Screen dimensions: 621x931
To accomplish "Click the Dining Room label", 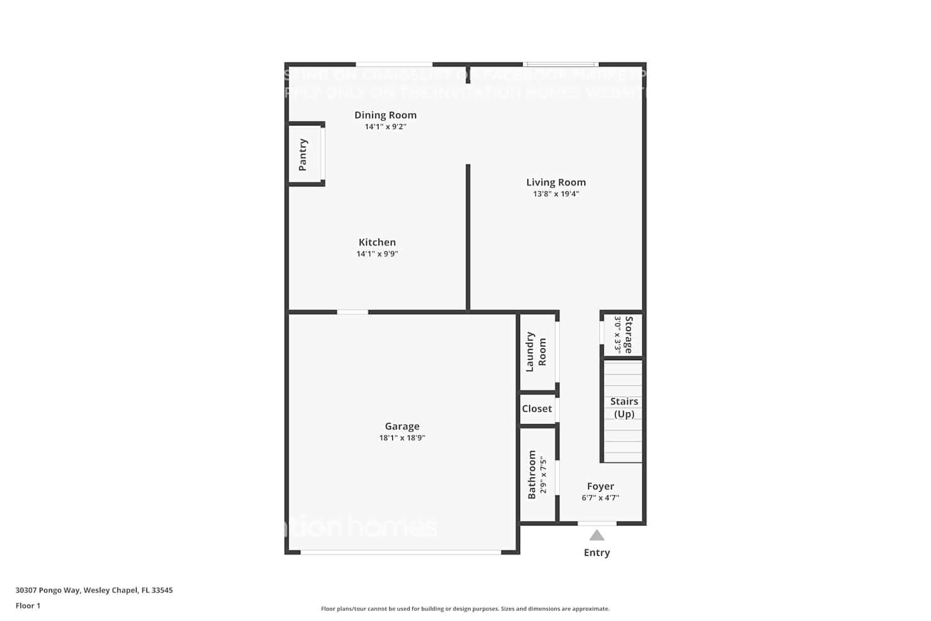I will (385, 115).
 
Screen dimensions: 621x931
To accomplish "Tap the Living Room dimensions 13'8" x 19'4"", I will (555, 194).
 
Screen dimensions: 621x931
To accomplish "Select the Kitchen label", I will (377, 242).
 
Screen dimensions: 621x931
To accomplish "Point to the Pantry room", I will (304, 154).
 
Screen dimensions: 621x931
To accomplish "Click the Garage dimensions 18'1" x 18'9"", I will (402, 438).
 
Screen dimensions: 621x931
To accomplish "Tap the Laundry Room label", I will (536, 352).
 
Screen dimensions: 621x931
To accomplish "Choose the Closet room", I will (537, 409).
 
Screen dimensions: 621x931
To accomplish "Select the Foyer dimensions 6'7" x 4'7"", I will (600, 497).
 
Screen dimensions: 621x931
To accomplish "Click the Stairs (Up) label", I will (624, 408).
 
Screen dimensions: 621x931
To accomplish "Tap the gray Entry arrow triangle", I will (596, 535).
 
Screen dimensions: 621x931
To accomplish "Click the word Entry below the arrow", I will (596, 553).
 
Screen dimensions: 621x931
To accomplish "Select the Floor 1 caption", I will (28, 605).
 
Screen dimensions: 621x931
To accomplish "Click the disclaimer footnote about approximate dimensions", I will (465, 609).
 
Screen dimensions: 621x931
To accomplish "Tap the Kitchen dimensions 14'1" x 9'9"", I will (377, 254).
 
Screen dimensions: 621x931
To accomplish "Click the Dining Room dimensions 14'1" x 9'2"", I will (385, 127).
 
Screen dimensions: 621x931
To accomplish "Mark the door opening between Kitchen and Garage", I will (353, 312).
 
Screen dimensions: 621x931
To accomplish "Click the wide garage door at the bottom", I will (401, 551).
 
